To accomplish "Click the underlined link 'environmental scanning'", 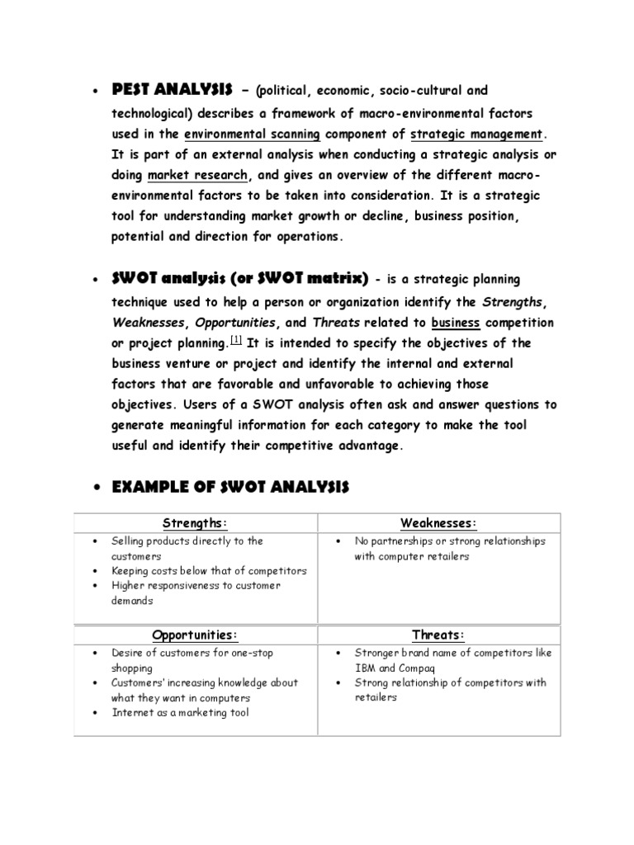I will click(x=253, y=133).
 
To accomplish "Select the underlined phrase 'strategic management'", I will click(x=477, y=133).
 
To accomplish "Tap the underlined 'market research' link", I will click(x=197, y=176).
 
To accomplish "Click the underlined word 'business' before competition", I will click(x=456, y=322).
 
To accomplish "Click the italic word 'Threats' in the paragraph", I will click(x=335, y=322).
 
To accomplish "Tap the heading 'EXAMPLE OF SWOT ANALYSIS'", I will click(x=231, y=489).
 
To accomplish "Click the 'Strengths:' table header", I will click(x=196, y=523).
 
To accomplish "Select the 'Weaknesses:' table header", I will click(x=438, y=523).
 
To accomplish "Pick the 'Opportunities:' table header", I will click(x=196, y=635).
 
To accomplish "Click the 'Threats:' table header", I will click(x=438, y=635).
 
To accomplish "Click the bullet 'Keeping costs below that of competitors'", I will click(x=209, y=571).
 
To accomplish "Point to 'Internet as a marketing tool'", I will click(x=180, y=712).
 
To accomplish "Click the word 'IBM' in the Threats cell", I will click(x=365, y=668).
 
